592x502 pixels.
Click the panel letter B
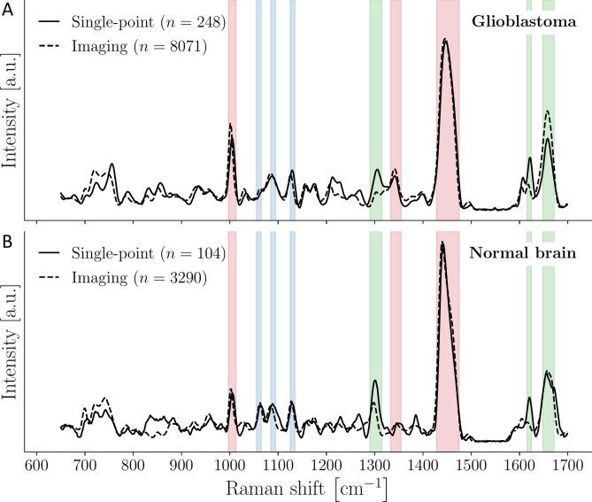[7, 239]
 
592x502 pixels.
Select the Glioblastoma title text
[524, 20]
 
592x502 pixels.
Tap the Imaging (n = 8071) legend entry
[124, 46]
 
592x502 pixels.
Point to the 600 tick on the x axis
[35, 464]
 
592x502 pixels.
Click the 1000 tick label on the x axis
[229, 464]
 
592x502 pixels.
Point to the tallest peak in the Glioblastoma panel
[445, 40]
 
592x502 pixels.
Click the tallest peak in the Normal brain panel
[442, 243]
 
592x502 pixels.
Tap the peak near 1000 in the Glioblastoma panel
[230, 125]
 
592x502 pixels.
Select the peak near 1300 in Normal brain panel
[375, 382]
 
